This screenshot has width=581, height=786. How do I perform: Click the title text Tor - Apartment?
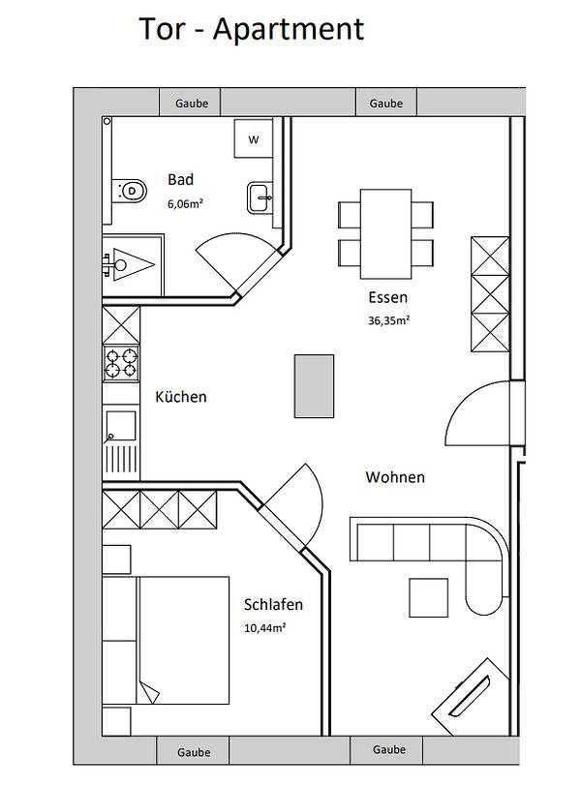tap(252, 29)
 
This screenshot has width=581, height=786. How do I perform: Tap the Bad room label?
tap(181, 179)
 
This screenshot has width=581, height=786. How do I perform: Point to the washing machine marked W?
tap(253, 139)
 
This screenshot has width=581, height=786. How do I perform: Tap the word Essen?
tap(387, 297)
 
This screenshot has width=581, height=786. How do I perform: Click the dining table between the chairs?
tap(385, 227)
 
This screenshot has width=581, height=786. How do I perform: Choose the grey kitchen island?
tap(314, 385)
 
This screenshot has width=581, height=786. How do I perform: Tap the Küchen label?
tap(181, 397)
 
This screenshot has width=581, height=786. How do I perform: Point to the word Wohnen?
tap(395, 477)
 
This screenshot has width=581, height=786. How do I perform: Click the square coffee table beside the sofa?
tap(428, 596)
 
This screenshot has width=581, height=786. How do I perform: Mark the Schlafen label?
tap(273, 604)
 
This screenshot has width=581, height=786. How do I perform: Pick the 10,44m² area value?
tap(264, 627)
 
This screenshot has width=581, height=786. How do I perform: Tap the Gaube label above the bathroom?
tap(191, 103)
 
